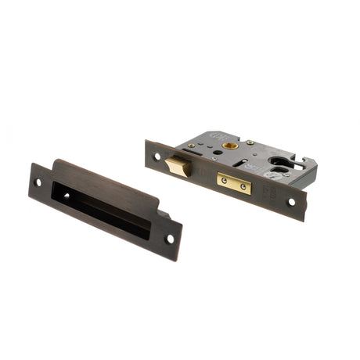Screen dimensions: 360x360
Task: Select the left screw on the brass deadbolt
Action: [225, 180]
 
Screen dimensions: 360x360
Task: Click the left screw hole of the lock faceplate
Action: [157, 157]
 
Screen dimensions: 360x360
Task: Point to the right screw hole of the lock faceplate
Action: [293, 202]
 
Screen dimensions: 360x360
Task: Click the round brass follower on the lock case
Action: [229, 146]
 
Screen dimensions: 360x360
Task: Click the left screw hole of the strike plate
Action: [38, 182]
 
